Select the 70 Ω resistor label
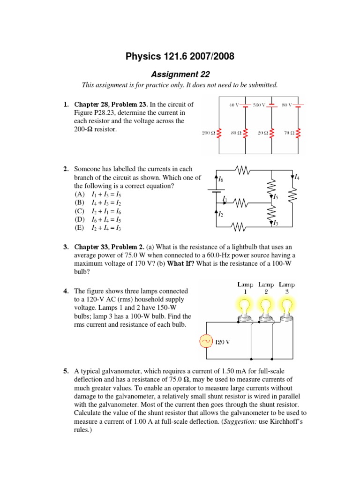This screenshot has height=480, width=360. coord(288,133)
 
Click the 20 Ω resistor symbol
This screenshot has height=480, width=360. coord(272,133)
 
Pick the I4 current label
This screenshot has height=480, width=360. coord(297,177)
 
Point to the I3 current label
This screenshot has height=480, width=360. coord(276,223)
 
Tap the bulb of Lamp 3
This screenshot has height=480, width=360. coord(287,308)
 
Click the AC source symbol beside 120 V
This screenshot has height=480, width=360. coord(206,341)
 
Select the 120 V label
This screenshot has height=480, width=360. coord(222,342)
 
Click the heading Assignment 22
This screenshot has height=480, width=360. coord(180,74)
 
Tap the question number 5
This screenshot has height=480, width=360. coord(66,372)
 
